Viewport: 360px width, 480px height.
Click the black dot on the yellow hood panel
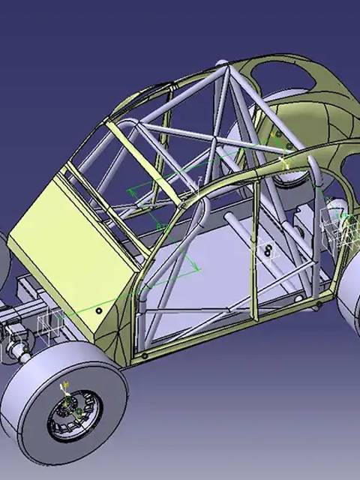(99, 310)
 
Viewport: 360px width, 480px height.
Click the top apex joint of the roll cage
(223, 71)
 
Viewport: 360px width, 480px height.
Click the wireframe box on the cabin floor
(267, 255)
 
